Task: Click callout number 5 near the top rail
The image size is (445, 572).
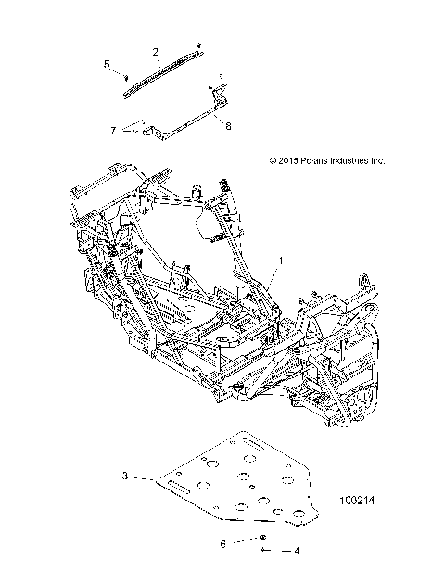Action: tap(106, 63)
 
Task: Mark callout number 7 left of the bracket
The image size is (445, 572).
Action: tap(113, 130)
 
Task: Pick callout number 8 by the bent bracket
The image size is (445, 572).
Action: tap(228, 127)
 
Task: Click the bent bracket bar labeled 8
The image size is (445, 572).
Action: tap(185, 122)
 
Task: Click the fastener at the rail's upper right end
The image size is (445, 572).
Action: tap(198, 44)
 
